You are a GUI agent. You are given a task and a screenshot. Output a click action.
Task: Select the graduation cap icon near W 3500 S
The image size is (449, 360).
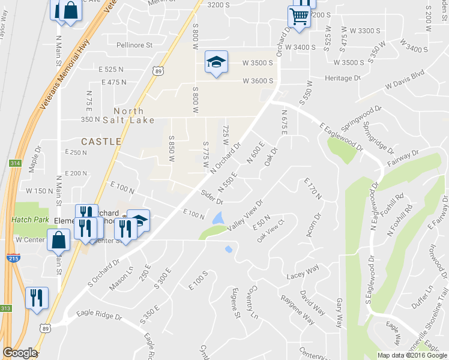[216, 62]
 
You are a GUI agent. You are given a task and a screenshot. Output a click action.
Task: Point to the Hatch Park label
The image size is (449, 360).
[29, 220]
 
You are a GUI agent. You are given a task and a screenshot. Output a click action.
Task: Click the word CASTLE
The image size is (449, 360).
[101, 142]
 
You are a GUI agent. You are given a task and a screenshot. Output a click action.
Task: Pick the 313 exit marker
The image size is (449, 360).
[5, 308]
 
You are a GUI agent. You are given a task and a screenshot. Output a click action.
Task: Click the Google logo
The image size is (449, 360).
[19, 353]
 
